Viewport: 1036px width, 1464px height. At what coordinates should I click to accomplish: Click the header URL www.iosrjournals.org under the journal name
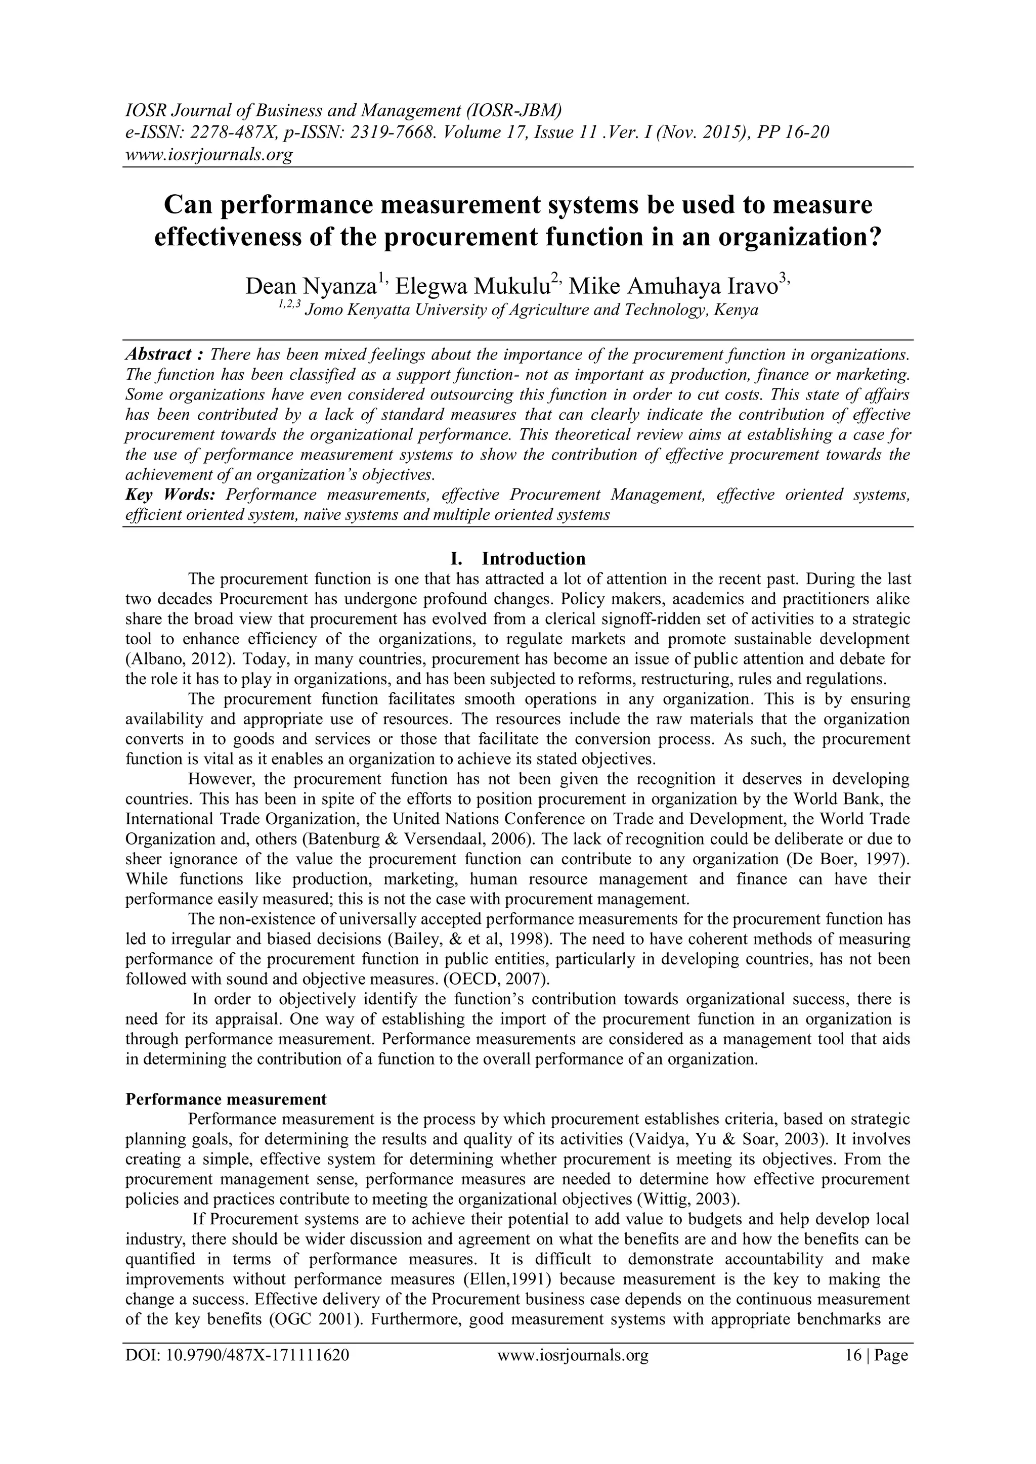[208, 154]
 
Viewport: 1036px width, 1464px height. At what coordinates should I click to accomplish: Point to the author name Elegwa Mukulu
[472, 286]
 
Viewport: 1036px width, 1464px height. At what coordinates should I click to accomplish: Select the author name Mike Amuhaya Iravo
[672, 286]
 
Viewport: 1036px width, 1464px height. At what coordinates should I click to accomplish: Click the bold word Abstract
[159, 354]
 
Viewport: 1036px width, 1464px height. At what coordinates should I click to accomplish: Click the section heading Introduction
[533, 559]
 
